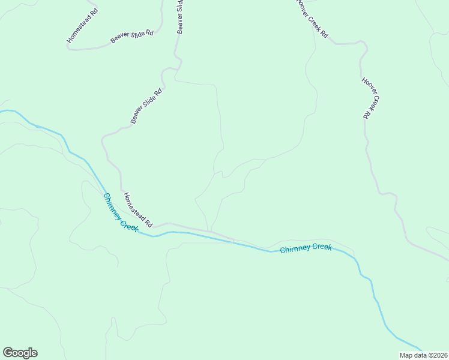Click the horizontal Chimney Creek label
pos(306,248)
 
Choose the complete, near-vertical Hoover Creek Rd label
pos(372,98)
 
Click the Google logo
pos(20,353)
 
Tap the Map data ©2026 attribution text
pos(423,355)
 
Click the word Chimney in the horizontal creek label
pos(294,249)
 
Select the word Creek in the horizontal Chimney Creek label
pos(321,247)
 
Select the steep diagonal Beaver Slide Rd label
pos(146,107)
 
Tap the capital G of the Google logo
pos(8,353)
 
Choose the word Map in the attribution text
pos(406,355)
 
